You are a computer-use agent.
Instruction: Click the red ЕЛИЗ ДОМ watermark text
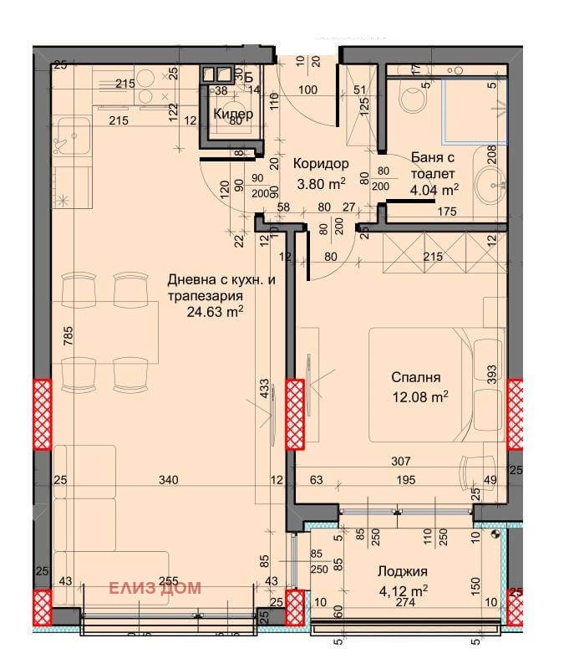pyautogui.click(x=155, y=588)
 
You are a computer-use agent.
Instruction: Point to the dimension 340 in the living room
pyautogui.click(x=169, y=480)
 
